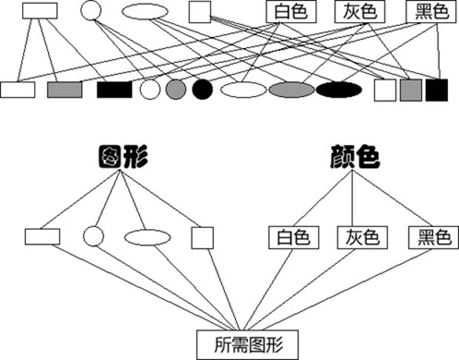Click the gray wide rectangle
[64, 90]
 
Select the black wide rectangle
[114, 90]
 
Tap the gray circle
[175, 90]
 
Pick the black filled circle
[202, 90]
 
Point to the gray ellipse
[292, 90]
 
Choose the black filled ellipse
[339, 90]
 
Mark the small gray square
[410, 90]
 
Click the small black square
[437, 90]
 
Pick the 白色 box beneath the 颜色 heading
[294, 237]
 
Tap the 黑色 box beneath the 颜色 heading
[430, 237]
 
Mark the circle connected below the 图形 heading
[93, 236]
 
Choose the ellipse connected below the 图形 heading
[148, 237]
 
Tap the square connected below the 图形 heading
[202, 237]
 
